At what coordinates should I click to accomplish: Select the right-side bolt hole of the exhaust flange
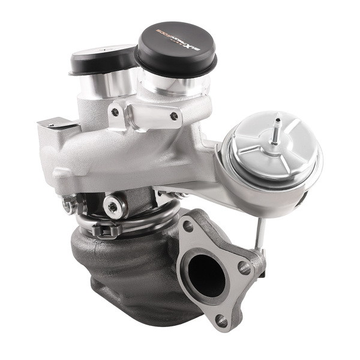point(245,268)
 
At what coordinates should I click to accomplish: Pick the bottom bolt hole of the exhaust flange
point(223,321)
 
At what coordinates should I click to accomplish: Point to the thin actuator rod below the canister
point(258,231)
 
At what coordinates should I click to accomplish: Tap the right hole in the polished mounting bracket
point(174,116)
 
